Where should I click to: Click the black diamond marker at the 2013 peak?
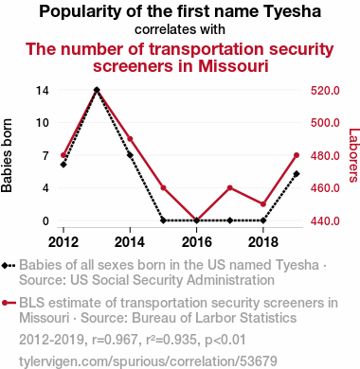(97, 90)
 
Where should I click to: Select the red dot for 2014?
(130, 139)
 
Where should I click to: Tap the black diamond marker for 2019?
(297, 174)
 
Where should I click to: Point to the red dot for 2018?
(263, 204)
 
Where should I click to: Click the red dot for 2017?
(230, 188)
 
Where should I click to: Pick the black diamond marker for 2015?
(163, 220)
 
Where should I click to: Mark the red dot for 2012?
(63, 155)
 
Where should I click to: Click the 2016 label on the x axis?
(196, 242)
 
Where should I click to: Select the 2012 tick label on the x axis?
(63, 242)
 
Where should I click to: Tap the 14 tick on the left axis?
(43, 91)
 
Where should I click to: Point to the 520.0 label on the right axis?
(325, 91)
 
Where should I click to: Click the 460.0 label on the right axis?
(325, 188)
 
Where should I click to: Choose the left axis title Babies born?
(7, 155)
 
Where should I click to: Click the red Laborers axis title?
(353, 155)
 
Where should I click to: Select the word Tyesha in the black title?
(292, 11)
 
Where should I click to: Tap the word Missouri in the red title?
(233, 66)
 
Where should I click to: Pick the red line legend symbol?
(9, 303)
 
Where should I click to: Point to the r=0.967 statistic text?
(115, 340)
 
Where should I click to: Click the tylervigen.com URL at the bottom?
(148, 361)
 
